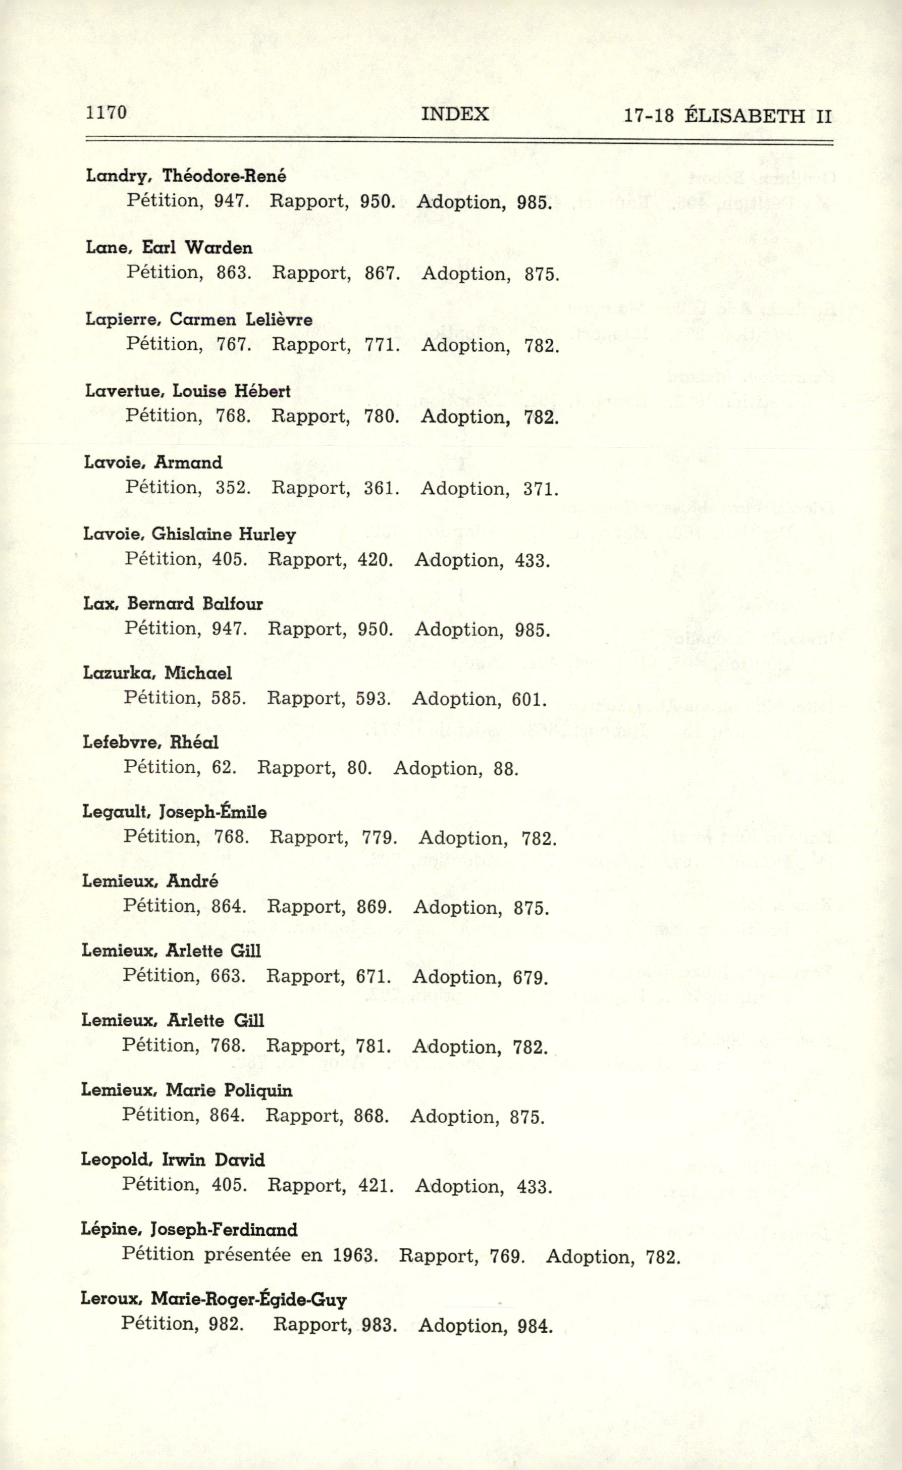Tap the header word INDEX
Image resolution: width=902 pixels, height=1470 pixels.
[x=455, y=114]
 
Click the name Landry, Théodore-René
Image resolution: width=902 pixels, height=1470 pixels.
[x=186, y=176]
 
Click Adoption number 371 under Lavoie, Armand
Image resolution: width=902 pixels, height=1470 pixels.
[x=541, y=489]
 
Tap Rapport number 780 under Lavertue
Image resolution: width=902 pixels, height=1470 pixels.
[x=381, y=416]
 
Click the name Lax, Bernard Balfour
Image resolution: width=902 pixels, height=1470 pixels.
[x=173, y=604]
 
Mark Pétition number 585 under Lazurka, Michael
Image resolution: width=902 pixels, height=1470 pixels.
[x=229, y=698]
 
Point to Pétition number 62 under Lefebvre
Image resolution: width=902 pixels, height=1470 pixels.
[x=224, y=767]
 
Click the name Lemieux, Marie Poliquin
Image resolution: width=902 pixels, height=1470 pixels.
[x=186, y=1090]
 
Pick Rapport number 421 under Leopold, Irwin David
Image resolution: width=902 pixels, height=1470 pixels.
[x=376, y=1185]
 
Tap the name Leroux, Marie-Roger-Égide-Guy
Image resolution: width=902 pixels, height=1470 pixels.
[x=213, y=1299]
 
